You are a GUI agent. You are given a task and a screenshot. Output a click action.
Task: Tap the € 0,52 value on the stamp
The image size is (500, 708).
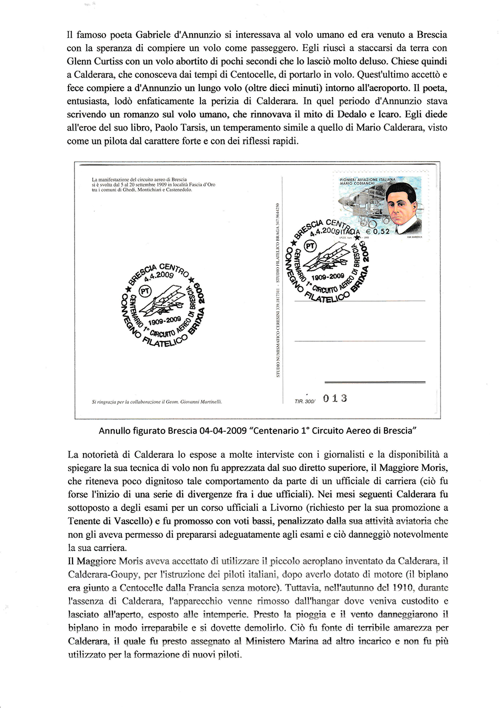pyautogui.click(x=377, y=231)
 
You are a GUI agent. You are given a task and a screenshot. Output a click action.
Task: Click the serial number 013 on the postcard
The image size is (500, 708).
pyautogui.click(x=334, y=398)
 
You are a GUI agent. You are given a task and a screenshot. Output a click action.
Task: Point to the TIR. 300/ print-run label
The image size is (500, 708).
pyautogui.click(x=305, y=401)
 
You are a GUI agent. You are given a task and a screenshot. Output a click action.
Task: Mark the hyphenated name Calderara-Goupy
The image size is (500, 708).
pyautogui.click(x=104, y=574)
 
